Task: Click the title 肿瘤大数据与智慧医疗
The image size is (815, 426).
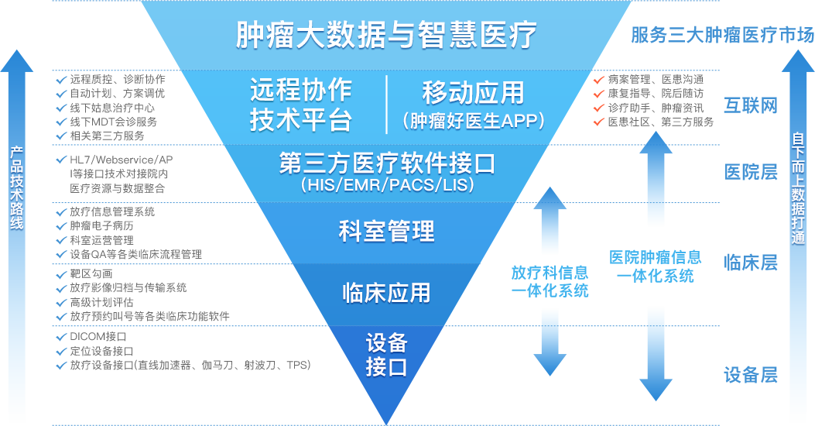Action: pyautogui.click(x=386, y=35)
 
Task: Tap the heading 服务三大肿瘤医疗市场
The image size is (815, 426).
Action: pyautogui.click(x=722, y=36)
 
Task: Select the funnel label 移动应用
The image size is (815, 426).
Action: pyautogui.click(x=473, y=93)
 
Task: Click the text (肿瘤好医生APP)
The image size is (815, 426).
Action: pyautogui.click(x=473, y=121)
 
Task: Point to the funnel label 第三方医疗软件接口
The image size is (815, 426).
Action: pyautogui.click(x=386, y=164)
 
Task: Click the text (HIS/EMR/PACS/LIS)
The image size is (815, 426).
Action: pyautogui.click(x=386, y=187)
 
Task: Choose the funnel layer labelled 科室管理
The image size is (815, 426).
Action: pyautogui.click(x=386, y=231)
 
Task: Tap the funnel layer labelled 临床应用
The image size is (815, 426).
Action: pyautogui.click(x=386, y=292)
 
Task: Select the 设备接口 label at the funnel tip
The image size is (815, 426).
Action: pyautogui.click(x=386, y=355)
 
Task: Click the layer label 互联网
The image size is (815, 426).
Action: pyautogui.click(x=750, y=105)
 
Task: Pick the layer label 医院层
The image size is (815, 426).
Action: pyautogui.click(x=750, y=172)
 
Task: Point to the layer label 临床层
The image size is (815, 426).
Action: pyautogui.click(x=750, y=263)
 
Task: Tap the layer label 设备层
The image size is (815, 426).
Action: pyautogui.click(x=750, y=376)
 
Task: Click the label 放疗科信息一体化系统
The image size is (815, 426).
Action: pyautogui.click(x=550, y=282)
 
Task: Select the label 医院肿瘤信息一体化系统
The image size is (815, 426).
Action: pyautogui.click(x=655, y=266)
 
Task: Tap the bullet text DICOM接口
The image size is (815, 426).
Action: pyautogui.click(x=98, y=337)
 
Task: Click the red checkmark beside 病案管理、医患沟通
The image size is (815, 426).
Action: pyautogui.click(x=598, y=80)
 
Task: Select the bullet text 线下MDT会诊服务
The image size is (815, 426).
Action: pyautogui.click(x=113, y=122)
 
